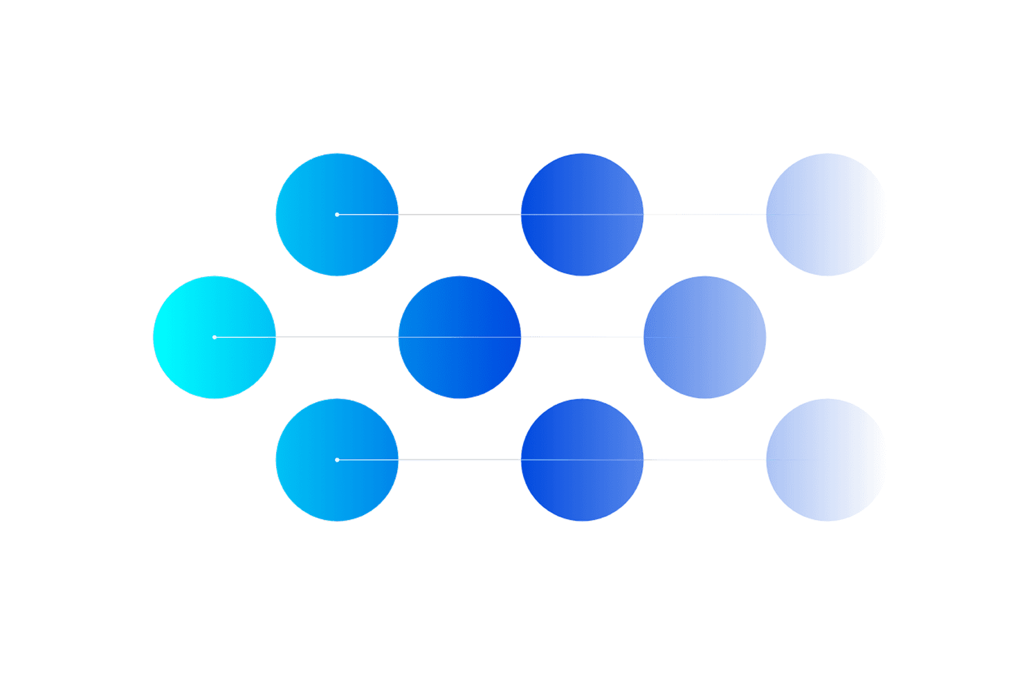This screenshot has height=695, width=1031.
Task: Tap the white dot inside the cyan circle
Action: [x=215, y=337]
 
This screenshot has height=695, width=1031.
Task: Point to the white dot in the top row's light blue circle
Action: [x=337, y=215]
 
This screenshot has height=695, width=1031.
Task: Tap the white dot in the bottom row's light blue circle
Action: [x=337, y=460]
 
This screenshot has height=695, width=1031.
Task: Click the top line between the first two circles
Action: [x=459, y=215]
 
